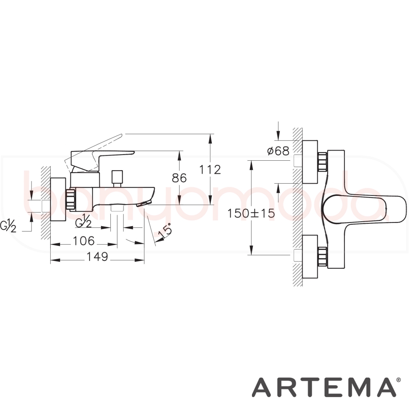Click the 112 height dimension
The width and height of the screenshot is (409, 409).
tap(210, 170)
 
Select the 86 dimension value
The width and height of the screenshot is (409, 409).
tap(179, 178)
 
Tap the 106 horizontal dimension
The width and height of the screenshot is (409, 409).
tap(83, 241)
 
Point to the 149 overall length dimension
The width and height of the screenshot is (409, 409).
tap(97, 257)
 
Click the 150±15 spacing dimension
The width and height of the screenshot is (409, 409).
tap(251, 213)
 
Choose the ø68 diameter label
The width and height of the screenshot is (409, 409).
tap(278, 151)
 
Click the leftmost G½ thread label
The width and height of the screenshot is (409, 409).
tap(8, 227)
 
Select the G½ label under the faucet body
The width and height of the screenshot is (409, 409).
tap(83, 221)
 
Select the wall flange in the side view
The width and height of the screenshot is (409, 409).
tap(58, 199)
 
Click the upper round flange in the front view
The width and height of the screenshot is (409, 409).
tap(310, 162)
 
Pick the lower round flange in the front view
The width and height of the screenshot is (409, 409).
tap(310, 257)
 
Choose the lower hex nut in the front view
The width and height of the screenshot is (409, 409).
tap(322, 257)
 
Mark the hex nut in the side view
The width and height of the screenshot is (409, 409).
tap(70, 199)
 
